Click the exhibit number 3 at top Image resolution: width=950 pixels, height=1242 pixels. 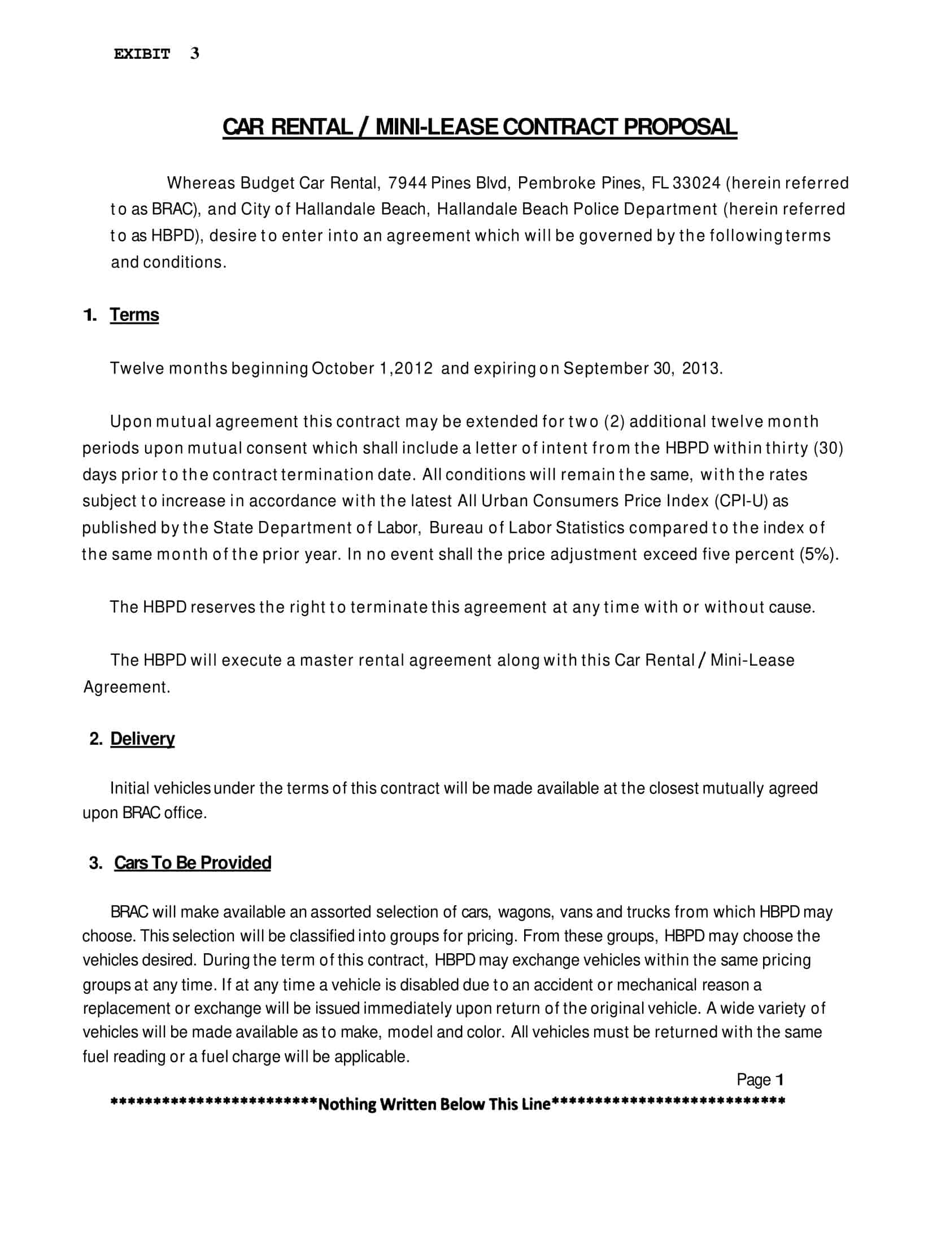point(194,53)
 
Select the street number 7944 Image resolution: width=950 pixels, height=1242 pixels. point(407,183)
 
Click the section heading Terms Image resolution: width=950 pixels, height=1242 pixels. point(134,315)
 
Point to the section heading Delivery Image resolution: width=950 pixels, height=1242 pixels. point(142,739)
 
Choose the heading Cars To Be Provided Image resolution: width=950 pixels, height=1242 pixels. point(192,862)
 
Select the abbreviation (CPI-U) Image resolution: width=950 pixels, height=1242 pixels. point(741,501)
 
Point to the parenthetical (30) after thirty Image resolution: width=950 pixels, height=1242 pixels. point(829,449)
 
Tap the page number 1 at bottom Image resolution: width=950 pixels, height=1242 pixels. point(780,1080)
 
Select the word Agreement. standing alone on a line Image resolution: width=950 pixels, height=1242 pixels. point(127,687)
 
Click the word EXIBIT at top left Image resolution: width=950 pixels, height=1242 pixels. point(142,54)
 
